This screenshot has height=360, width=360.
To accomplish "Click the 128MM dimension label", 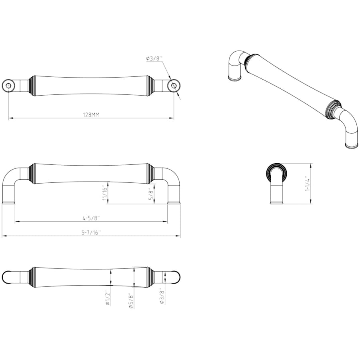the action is coord(91,114).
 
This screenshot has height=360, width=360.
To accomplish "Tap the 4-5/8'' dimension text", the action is coord(91,218).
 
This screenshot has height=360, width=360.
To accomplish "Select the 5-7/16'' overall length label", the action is coord(91,232).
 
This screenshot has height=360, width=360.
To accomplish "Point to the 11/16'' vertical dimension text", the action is coord(105,193).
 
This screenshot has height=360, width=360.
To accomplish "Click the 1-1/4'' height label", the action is coord(308,184).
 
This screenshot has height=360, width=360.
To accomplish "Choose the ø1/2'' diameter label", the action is coord(108,298).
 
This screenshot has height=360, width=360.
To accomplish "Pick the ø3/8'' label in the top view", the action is coord(154,58).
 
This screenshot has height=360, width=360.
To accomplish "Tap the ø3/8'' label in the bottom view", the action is coord(162,296).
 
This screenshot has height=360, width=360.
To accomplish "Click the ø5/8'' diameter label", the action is coord(131,300).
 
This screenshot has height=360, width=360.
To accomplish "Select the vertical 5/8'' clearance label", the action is coord(151,194).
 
